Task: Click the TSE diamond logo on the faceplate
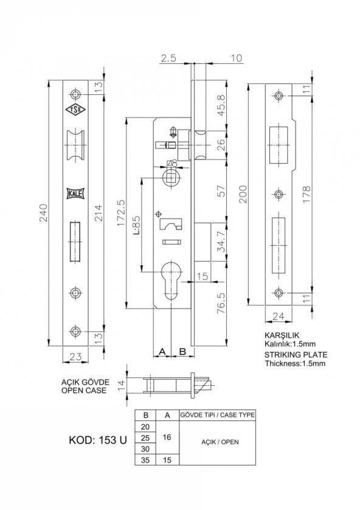[x=75, y=110]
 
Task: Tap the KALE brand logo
[x=75, y=194]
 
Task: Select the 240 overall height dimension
[x=43, y=213]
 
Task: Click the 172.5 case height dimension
[x=121, y=213]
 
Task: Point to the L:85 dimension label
[x=137, y=225]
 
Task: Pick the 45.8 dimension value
[x=221, y=105]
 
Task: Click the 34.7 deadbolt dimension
[x=221, y=242]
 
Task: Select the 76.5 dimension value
[x=221, y=303]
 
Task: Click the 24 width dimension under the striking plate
[x=278, y=316]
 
